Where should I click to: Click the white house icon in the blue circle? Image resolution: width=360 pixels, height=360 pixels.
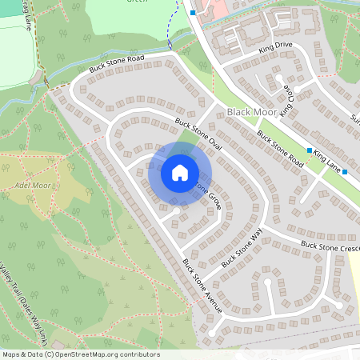(x=180, y=172)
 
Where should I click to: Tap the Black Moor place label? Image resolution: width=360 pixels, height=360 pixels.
(x=251, y=113)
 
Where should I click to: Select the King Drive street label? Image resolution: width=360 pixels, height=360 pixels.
(x=276, y=49)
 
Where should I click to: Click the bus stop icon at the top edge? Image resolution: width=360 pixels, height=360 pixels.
(x=193, y=12)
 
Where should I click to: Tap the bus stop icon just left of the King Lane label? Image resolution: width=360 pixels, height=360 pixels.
(x=309, y=150)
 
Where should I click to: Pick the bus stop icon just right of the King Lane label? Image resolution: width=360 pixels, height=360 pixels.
(x=345, y=171)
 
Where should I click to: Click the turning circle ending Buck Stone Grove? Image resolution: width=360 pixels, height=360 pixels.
(x=176, y=210)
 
